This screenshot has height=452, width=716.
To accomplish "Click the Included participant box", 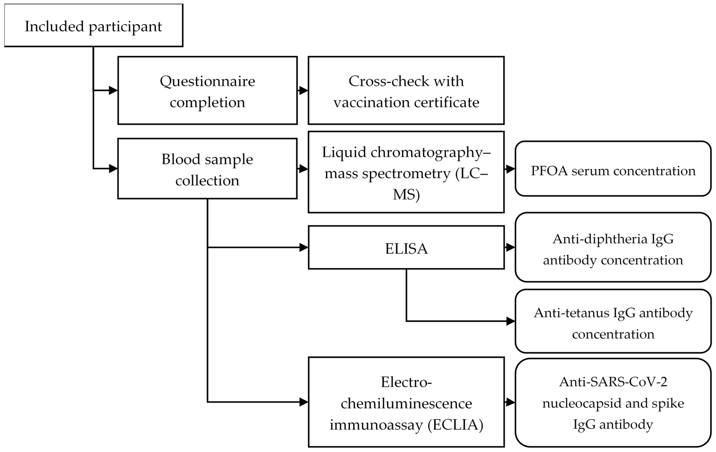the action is pyautogui.click(x=94, y=25).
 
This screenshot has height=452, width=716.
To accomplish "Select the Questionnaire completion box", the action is pyautogui.click(x=207, y=90).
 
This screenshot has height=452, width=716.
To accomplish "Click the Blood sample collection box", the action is pyautogui.click(x=207, y=169).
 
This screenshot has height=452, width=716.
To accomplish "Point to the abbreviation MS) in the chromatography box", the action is pyautogui.click(x=406, y=195).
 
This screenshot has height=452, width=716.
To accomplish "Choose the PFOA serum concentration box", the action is pyautogui.click(x=613, y=169).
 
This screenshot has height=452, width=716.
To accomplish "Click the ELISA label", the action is pyautogui.click(x=406, y=249).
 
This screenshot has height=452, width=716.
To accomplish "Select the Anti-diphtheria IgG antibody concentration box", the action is pyautogui.click(x=613, y=247).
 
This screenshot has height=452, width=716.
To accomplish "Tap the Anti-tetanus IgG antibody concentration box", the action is pyautogui.click(x=613, y=321).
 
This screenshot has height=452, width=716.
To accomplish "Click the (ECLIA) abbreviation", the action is pyautogui.click(x=455, y=425).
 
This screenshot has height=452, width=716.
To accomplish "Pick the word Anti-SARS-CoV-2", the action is pyautogui.click(x=613, y=382).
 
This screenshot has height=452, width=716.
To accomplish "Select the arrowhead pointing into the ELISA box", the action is pyautogui.click(x=304, y=247).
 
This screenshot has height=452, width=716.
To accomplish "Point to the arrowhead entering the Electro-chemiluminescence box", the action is pyautogui.click(x=304, y=402).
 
